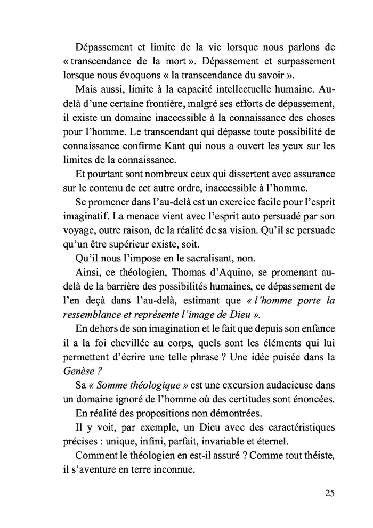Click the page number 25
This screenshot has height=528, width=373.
click(329, 492)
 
